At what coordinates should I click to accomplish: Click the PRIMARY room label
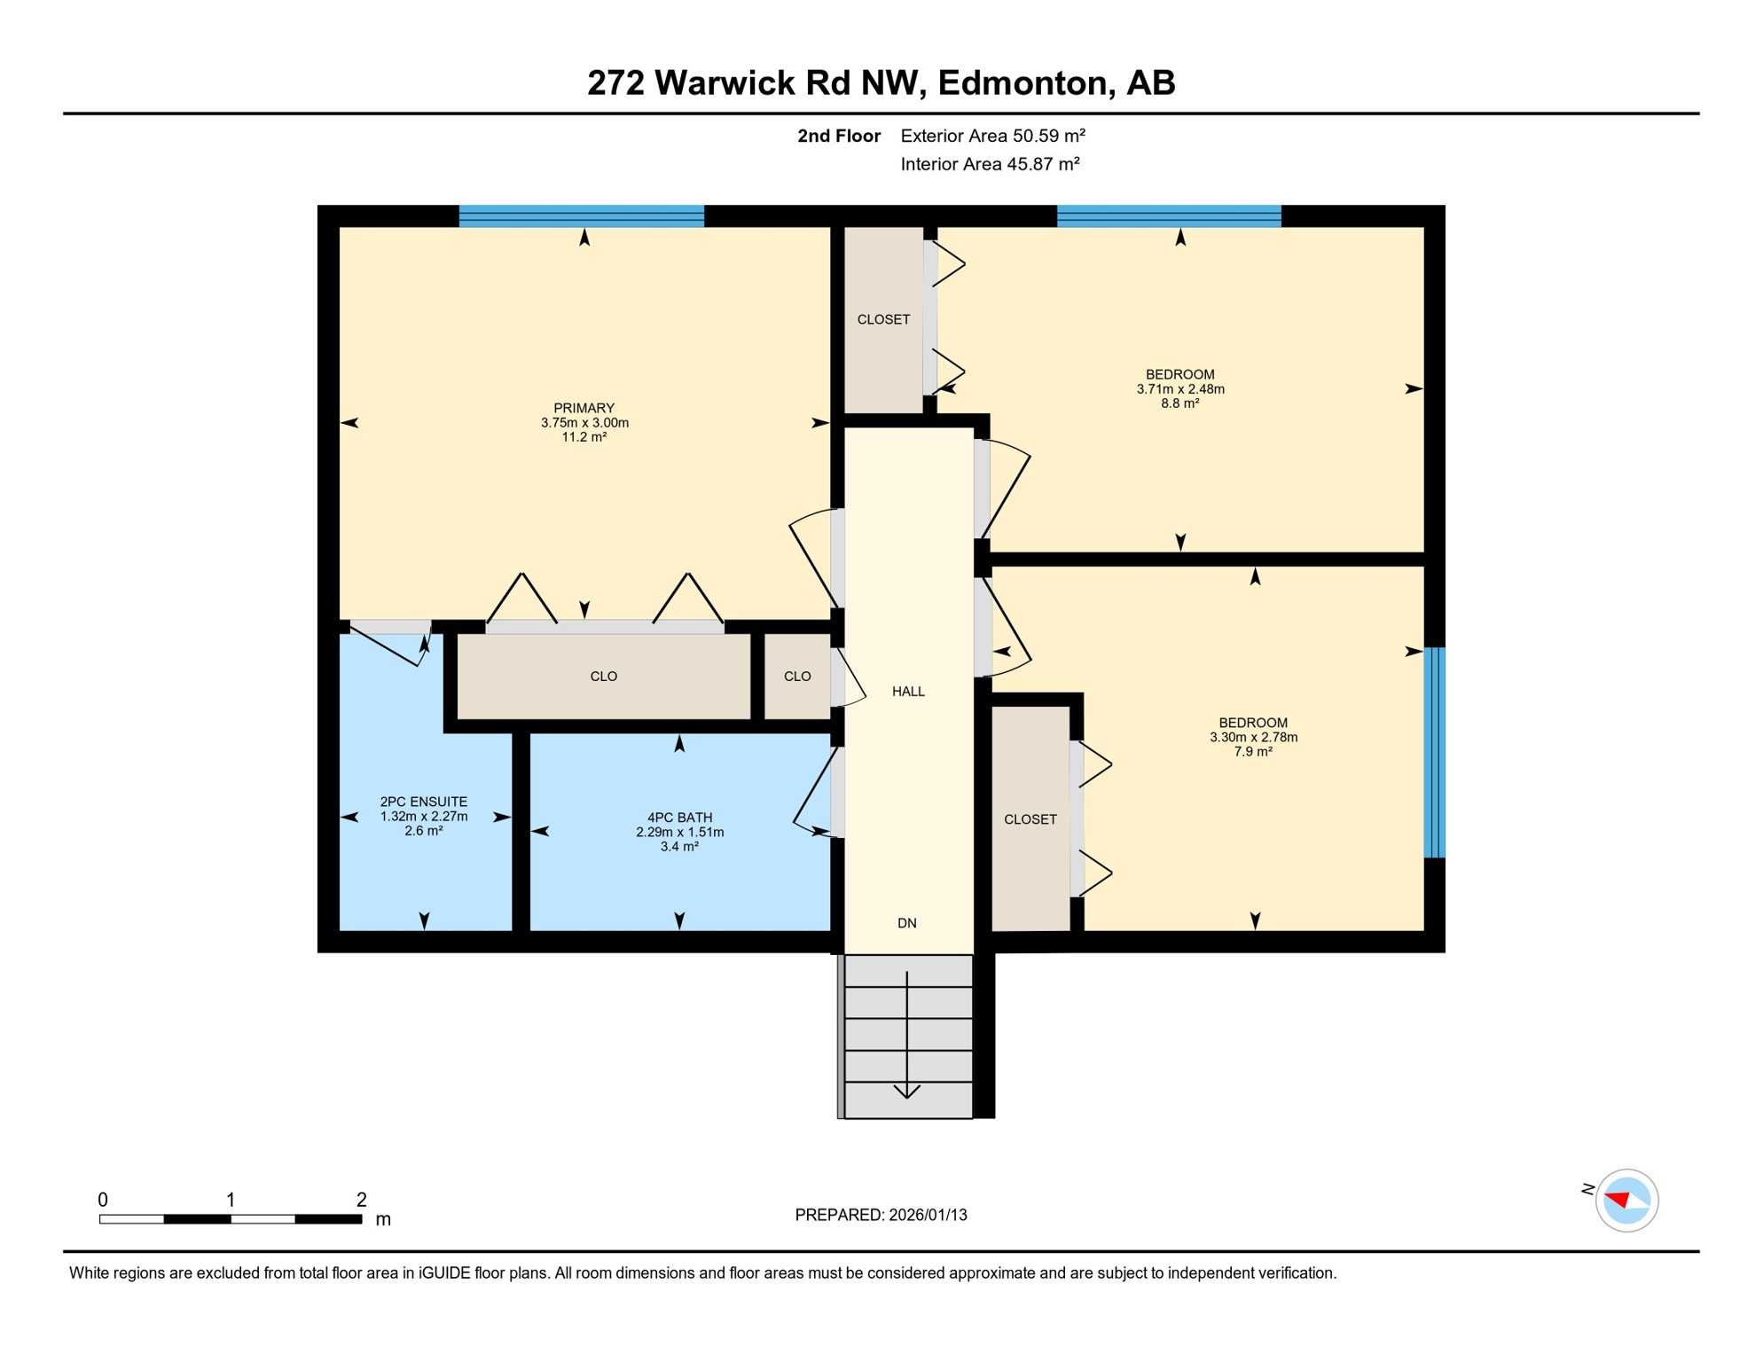(x=584, y=409)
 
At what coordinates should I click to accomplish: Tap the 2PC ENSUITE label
(x=423, y=802)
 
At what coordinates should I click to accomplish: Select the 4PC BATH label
(x=679, y=818)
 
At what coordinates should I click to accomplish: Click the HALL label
(x=908, y=692)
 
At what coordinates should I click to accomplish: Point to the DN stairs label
(x=906, y=923)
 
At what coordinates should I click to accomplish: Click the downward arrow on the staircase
(x=906, y=1037)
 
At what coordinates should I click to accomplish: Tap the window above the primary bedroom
(x=581, y=216)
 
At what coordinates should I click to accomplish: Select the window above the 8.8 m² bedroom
(x=1168, y=216)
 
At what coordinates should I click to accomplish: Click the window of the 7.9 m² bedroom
(x=1434, y=753)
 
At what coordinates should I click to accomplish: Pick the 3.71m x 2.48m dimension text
(x=1179, y=389)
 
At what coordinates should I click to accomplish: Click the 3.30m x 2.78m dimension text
(x=1253, y=737)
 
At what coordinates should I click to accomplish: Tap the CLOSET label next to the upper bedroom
(x=883, y=319)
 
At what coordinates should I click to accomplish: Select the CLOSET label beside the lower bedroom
(x=1030, y=819)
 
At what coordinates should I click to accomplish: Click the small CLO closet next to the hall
(x=797, y=677)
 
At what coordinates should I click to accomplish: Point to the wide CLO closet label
(x=603, y=677)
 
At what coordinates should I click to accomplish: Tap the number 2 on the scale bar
(x=361, y=1200)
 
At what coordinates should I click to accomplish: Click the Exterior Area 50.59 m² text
(x=992, y=136)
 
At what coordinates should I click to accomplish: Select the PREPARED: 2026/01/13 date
(x=881, y=1215)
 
